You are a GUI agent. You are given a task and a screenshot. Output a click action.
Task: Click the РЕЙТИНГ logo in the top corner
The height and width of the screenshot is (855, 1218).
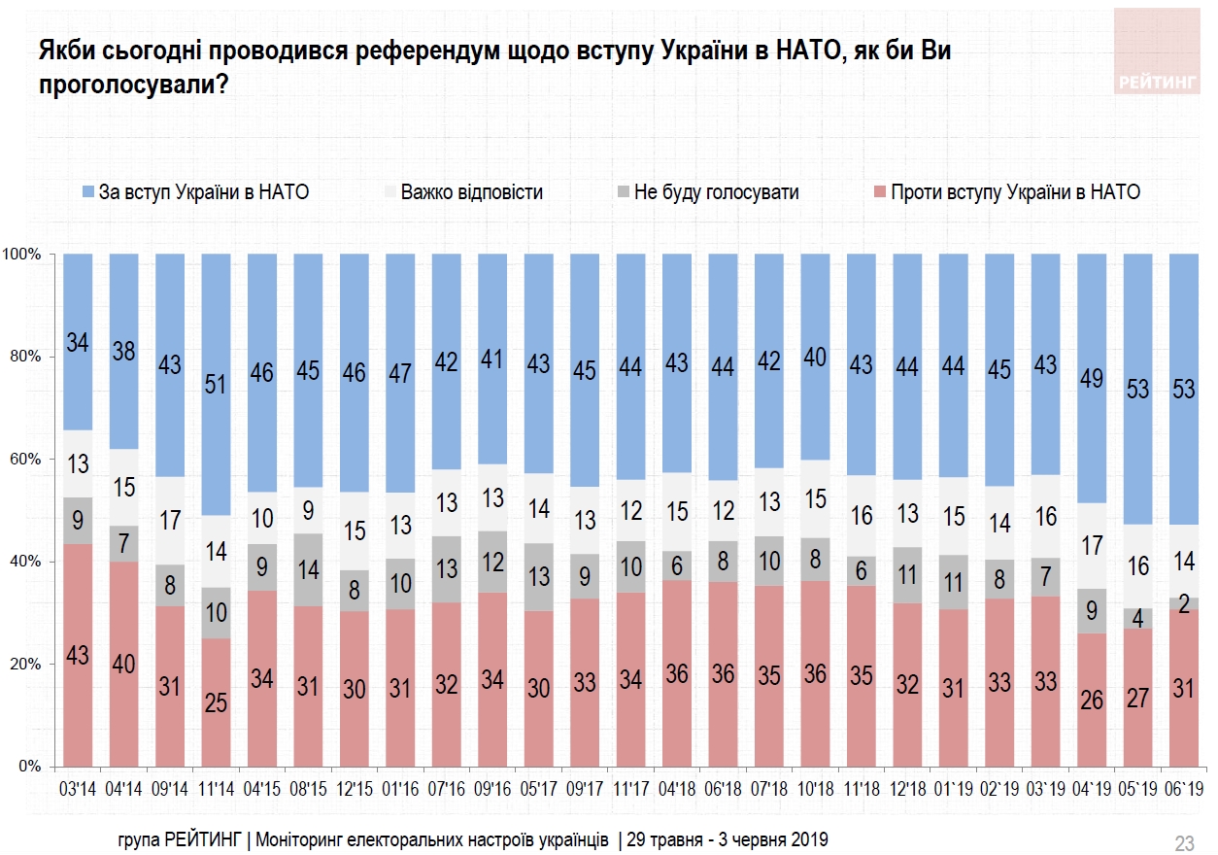[1157, 51]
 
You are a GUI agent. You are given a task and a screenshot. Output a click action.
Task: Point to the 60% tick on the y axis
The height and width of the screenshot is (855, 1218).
[25, 460]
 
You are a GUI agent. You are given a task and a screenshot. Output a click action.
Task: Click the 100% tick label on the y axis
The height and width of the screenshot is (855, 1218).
[22, 255]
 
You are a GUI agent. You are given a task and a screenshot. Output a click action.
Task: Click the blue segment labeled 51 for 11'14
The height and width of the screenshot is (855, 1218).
[217, 384]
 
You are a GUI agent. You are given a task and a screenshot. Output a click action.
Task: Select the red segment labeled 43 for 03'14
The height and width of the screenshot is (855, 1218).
[78, 656]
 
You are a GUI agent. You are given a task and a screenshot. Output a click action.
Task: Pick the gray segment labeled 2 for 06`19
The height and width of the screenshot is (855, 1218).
[1185, 603]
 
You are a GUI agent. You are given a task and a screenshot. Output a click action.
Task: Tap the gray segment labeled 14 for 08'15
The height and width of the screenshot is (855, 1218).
[309, 570]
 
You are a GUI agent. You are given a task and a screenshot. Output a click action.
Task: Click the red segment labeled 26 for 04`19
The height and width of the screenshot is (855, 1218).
[1092, 699]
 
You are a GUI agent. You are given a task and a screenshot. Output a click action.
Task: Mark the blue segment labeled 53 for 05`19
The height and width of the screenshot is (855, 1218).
[1138, 389]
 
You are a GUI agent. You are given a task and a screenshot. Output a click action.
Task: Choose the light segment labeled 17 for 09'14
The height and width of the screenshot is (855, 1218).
[170, 520]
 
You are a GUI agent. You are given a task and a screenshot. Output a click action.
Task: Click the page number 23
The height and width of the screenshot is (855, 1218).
[1185, 841]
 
